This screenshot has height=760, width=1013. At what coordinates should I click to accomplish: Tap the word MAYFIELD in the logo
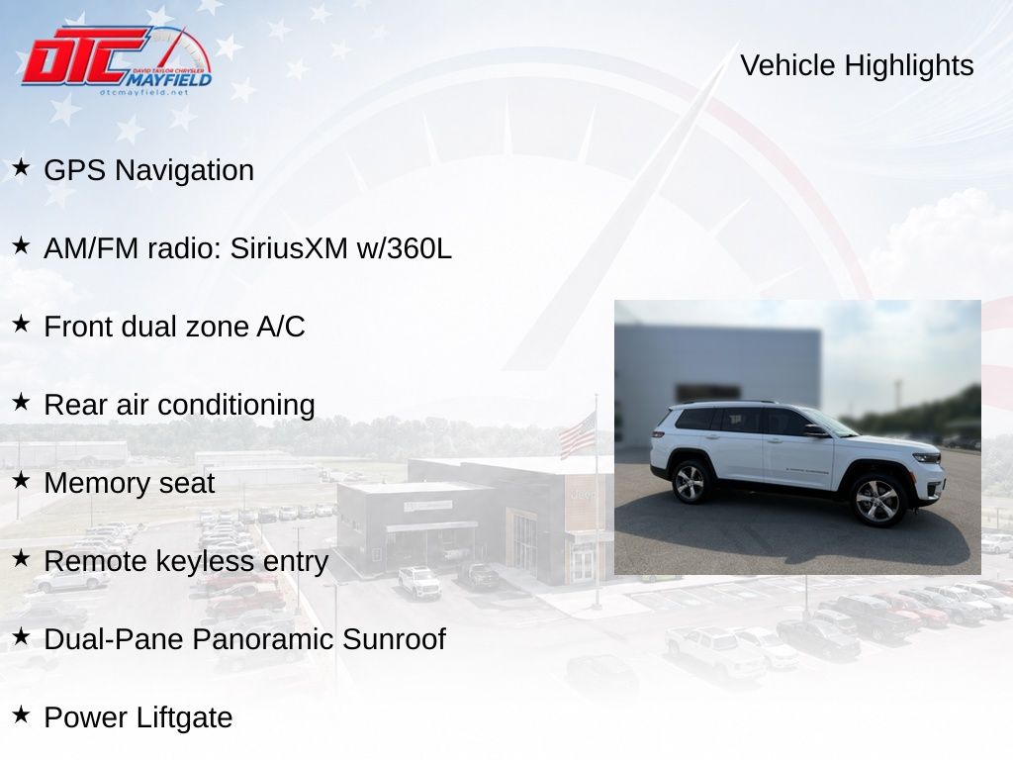168,79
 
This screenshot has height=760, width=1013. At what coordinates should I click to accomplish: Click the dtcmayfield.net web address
144,92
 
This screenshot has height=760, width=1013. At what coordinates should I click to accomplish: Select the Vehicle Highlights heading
857,65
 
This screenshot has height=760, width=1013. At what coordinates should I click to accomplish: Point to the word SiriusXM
289,248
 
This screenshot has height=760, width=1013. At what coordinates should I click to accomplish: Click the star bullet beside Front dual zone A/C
21,324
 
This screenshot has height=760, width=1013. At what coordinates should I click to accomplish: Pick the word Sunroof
394,640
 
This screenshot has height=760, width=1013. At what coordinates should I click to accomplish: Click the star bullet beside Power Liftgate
21,714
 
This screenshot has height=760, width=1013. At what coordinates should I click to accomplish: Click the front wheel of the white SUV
876,501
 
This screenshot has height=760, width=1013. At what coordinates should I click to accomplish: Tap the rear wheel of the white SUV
690,482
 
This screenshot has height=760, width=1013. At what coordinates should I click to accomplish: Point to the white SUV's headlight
926,457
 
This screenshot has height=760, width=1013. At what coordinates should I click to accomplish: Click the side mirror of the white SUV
815,430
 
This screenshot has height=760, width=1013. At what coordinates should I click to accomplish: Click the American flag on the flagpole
577,435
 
